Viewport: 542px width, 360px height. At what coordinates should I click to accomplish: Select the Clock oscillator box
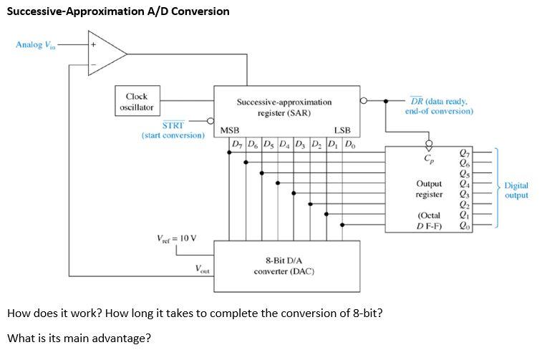(136, 101)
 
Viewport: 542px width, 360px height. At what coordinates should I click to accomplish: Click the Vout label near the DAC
(203, 269)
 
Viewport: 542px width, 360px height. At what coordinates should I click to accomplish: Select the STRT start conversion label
(173, 130)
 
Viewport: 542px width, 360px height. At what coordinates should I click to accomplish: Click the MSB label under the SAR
(230, 130)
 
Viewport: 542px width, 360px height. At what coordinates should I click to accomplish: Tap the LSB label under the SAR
(342, 130)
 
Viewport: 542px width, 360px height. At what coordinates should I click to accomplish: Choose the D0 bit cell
(349, 144)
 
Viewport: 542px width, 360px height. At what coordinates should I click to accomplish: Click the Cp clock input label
(428, 157)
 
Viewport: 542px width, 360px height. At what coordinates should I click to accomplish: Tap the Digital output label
(516, 190)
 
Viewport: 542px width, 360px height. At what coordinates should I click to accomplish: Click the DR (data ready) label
(438, 106)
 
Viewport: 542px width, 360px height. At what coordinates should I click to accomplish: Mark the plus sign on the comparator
(93, 44)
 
